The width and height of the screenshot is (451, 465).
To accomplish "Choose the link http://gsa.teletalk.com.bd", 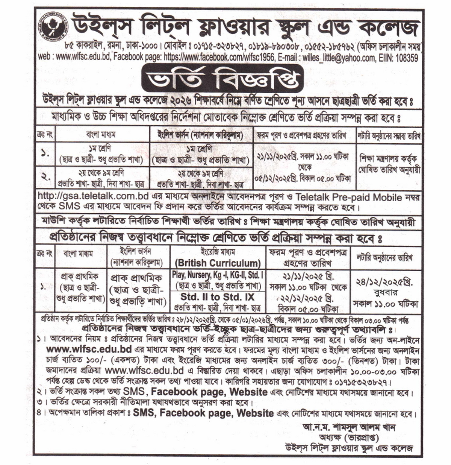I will [x=94, y=197].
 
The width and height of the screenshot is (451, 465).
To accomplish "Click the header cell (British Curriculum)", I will [x=218, y=263].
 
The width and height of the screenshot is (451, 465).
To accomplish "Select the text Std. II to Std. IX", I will [x=218, y=296].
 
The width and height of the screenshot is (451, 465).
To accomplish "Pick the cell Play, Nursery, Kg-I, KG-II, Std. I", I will [x=218, y=275].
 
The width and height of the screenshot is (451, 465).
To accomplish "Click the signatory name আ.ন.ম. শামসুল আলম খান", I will [x=348, y=428].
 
